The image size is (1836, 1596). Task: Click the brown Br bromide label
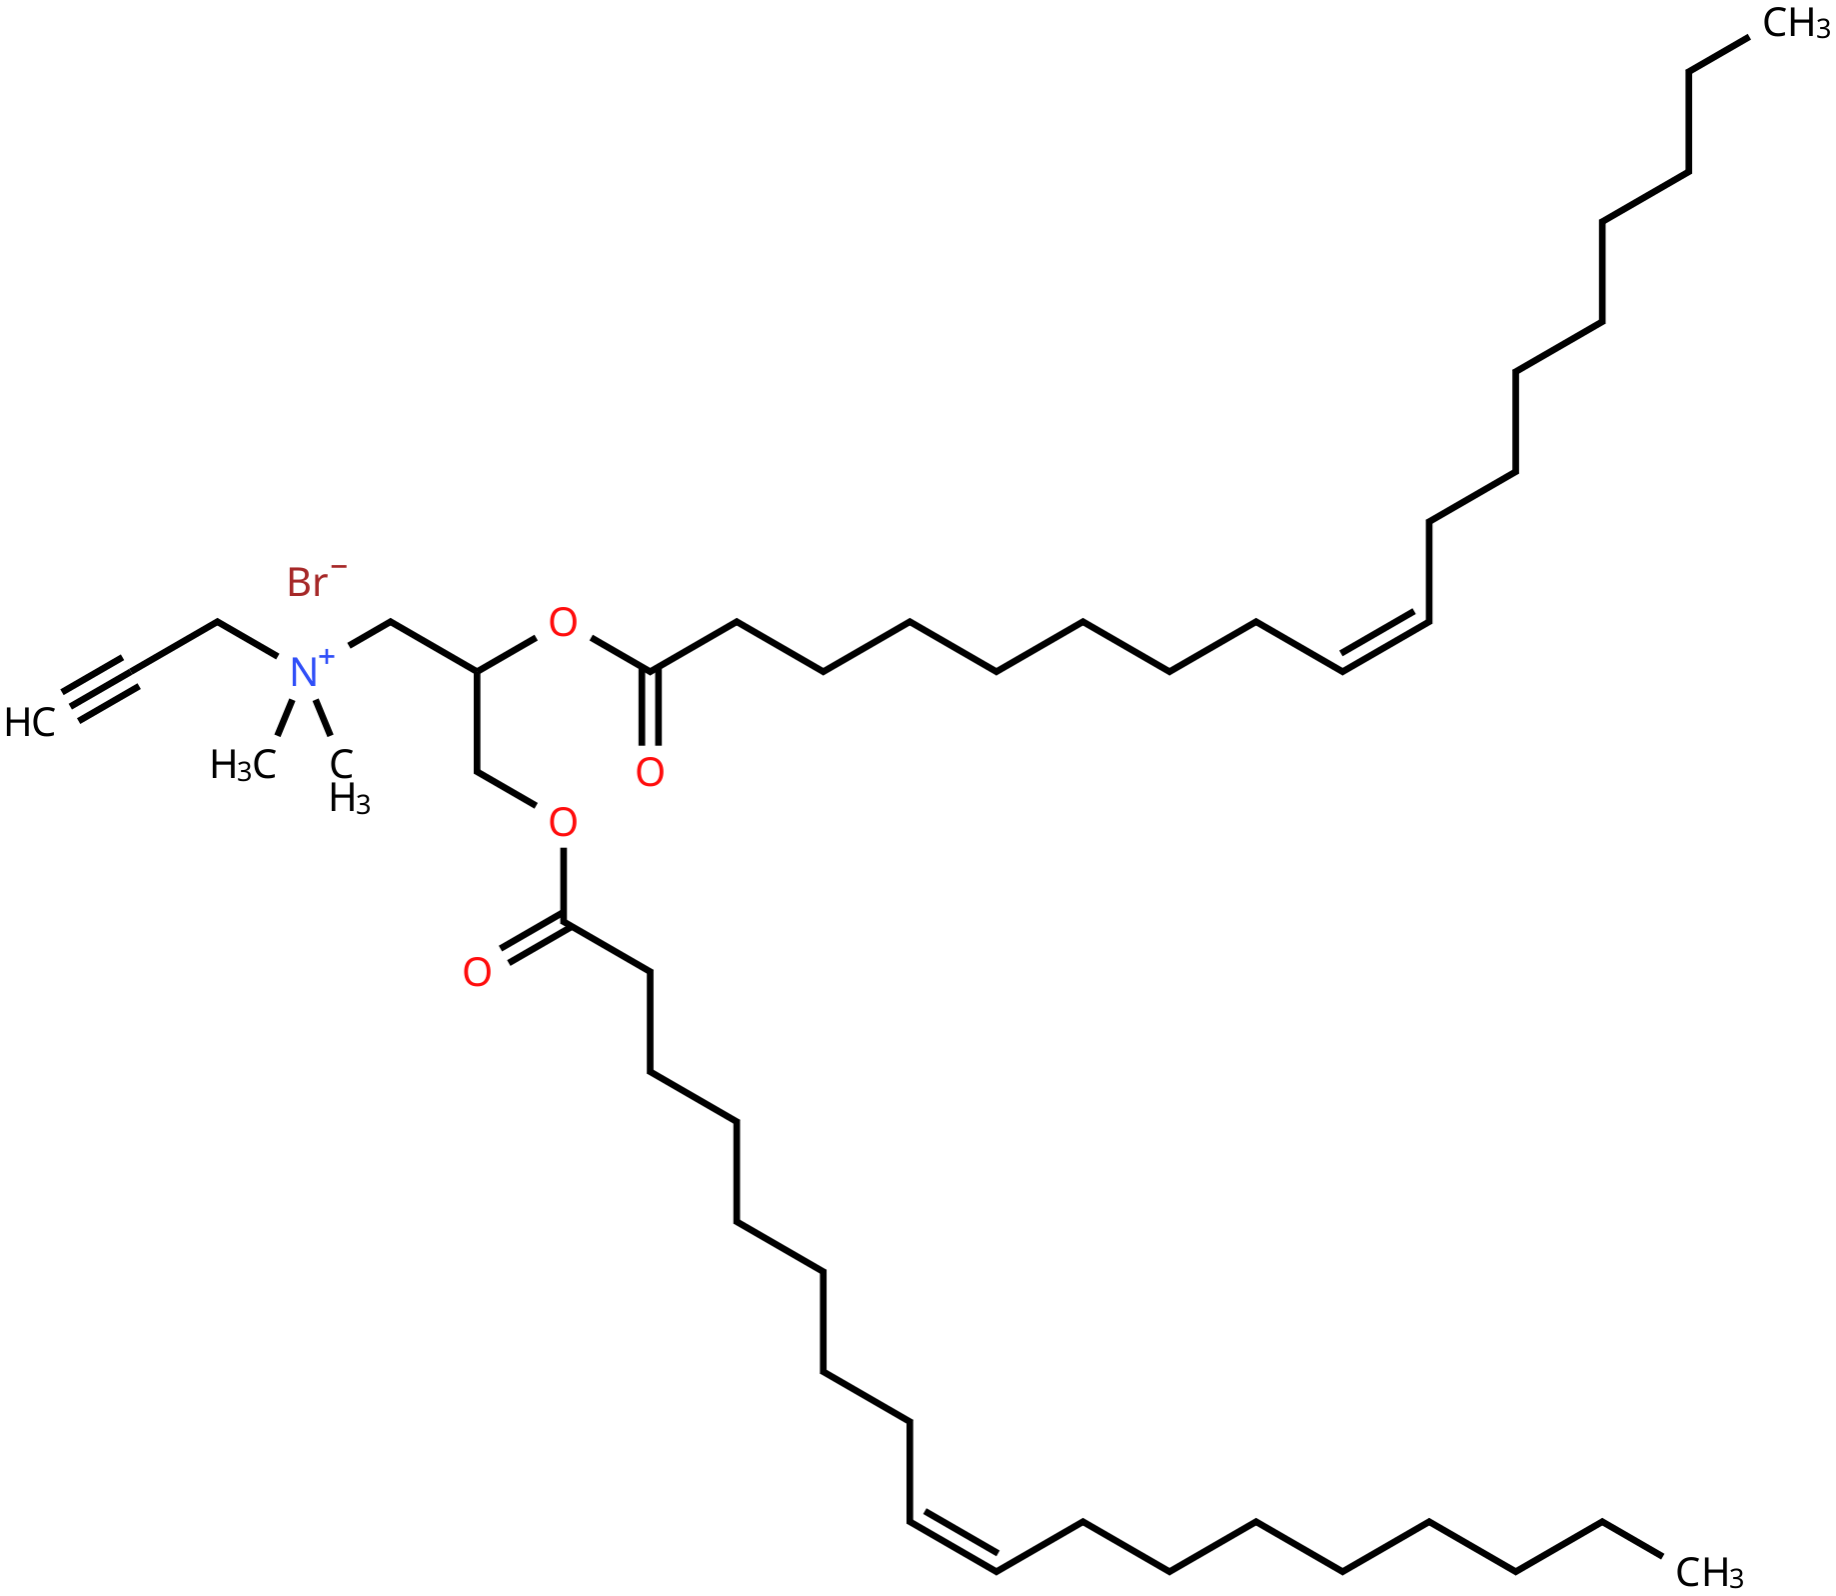tap(307, 582)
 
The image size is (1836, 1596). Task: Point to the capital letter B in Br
tap(298, 582)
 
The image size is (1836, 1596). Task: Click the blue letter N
tap(303, 672)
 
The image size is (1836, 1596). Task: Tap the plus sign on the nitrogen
tap(327, 656)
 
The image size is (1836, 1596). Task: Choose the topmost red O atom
tap(563, 623)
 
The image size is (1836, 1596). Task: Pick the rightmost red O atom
tap(650, 772)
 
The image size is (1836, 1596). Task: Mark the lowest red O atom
tap(477, 972)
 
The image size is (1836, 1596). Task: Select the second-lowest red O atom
tap(563, 823)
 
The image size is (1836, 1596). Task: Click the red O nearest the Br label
tap(563, 623)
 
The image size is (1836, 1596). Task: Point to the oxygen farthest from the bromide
tap(477, 972)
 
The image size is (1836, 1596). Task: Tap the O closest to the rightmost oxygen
tap(563, 823)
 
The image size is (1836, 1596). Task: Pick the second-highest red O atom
tap(650, 772)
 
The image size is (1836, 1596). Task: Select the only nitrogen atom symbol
tap(303, 672)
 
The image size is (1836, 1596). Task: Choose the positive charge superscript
tap(327, 656)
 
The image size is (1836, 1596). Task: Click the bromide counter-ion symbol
tap(307, 582)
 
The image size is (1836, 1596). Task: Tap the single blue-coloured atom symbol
tap(303, 672)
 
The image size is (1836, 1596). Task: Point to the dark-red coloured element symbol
tap(307, 582)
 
